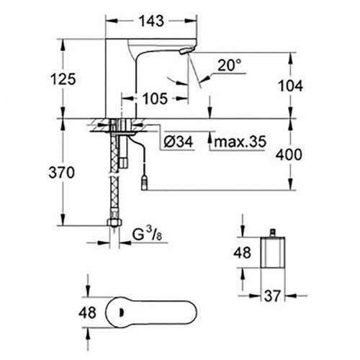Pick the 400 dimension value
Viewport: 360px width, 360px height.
[x=291, y=155]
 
